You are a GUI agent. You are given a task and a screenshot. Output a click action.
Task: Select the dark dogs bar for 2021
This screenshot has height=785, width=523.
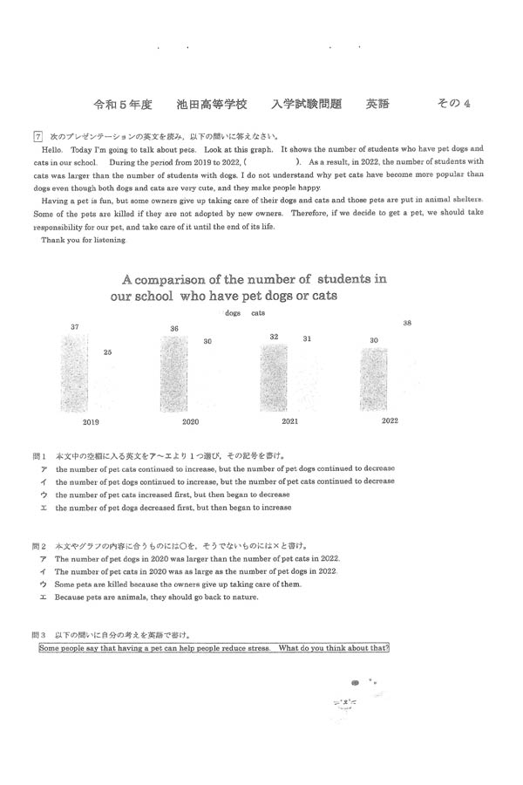(274, 376)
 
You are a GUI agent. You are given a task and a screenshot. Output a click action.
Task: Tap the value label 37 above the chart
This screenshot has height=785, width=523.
(75, 327)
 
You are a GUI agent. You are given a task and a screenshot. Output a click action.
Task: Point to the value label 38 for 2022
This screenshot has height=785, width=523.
(407, 324)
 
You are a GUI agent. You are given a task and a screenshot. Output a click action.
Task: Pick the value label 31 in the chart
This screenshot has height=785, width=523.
(307, 338)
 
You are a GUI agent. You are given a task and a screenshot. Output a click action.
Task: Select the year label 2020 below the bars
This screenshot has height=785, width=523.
(190, 421)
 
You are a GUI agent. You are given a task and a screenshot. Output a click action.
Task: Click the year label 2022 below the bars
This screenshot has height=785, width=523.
(390, 420)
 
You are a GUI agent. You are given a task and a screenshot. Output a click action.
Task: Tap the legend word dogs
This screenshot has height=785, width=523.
(233, 311)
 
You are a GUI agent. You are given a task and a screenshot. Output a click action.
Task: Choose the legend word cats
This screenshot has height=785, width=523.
(258, 311)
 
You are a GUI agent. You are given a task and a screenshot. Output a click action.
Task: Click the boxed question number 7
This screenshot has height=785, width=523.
(37, 136)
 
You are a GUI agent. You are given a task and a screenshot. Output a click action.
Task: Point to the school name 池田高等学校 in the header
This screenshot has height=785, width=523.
(212, 104)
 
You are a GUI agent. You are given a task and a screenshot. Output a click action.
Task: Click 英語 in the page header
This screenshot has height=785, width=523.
(377, 104)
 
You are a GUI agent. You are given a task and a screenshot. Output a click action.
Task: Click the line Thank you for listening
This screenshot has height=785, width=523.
(83, 240)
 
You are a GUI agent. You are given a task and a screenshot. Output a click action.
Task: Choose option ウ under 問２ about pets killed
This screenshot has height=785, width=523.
(178, 584)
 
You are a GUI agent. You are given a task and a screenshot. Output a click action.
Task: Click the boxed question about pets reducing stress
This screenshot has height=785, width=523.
(214, 648)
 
